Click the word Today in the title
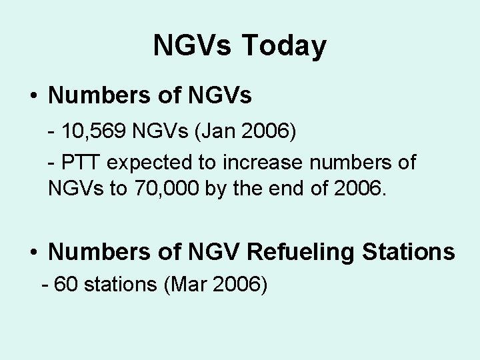[284, 46]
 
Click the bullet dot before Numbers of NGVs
[33, 96]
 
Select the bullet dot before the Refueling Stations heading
[33, 252]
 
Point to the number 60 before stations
[65, 285]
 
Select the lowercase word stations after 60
[117, 285]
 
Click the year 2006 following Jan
[265, 131]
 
